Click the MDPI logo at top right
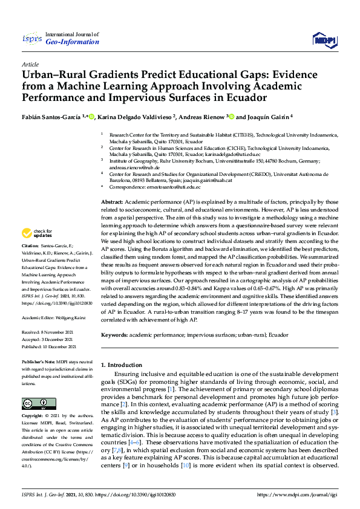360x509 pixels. (324, 40)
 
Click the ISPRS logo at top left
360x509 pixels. (32, 38)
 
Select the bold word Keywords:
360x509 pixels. (115, 334)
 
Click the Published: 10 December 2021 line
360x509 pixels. (49, 346)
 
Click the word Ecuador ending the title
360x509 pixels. (243, 97)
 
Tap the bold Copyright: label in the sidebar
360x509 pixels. (34, 417)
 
